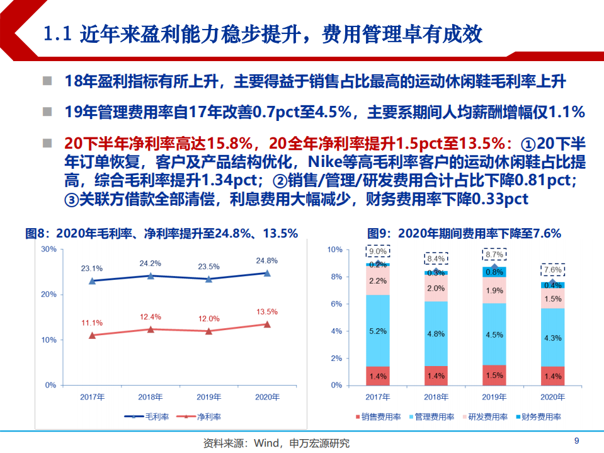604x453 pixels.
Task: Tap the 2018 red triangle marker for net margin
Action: pos(151,330)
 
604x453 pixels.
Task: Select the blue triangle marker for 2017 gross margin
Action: pos(92,281)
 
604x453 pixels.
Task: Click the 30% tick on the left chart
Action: pos(48,249)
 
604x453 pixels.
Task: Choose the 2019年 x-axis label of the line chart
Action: pos(208,397)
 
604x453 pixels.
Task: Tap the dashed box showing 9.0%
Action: pos(378,251)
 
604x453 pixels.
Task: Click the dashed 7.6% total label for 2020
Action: pos(552,270)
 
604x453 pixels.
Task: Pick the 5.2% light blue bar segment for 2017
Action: pos(378,331)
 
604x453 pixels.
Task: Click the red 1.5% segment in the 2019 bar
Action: pos(494,375)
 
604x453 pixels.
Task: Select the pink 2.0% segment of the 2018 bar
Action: pos(436,289)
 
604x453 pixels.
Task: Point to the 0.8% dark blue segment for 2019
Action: pos(494,272)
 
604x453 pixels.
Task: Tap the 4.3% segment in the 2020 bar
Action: pos(552,338)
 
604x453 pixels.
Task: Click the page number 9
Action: pos(576,440)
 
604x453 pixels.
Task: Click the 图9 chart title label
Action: pos(464,233)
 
